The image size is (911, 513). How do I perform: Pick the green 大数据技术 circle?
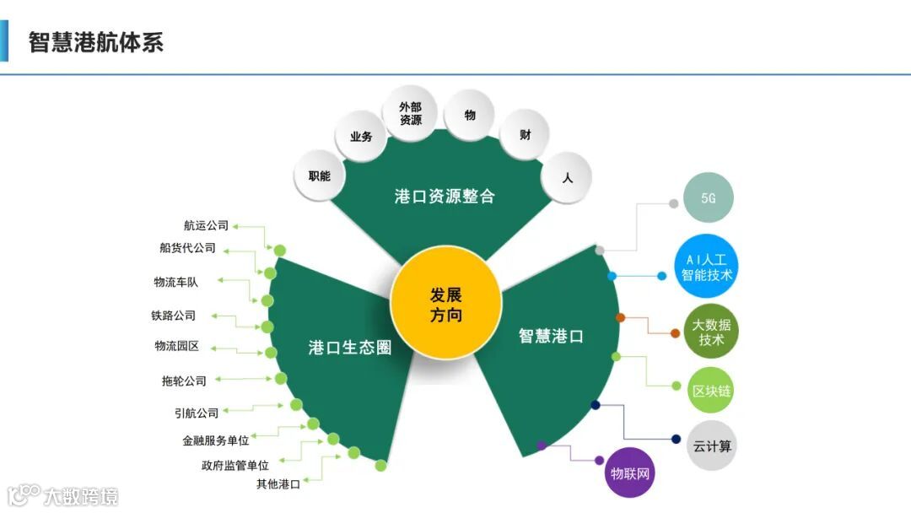coord(711,332)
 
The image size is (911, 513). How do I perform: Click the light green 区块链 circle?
coord(711,391)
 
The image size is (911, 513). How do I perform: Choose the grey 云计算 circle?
coord(712,445)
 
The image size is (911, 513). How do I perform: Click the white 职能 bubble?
coord(320,176)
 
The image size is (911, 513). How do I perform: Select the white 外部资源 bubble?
coord(410,113)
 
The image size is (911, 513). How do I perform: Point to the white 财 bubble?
coord(525,135)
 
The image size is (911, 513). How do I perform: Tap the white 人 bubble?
coord(567,178)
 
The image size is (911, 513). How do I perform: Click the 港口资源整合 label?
coord(445,197)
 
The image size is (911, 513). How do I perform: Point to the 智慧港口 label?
coord(551,336)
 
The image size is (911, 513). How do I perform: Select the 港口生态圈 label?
coord(350,348)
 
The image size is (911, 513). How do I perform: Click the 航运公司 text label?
coord(206,225)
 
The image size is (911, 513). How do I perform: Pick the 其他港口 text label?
coord(278,484)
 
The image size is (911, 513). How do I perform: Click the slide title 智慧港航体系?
coord(96,42)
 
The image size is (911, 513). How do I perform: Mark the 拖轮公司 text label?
coord(184,381)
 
